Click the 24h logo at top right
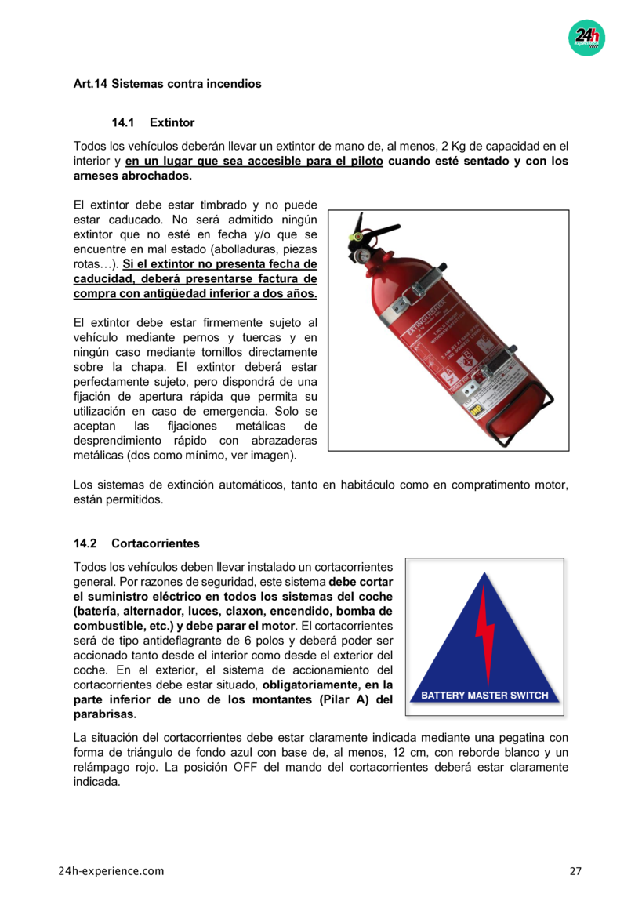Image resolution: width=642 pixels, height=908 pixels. point(586,37)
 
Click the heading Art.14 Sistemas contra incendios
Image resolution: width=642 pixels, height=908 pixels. point(167,83)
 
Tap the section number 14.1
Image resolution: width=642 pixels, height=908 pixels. point(123,122)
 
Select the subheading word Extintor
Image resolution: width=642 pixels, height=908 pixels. point(172,122)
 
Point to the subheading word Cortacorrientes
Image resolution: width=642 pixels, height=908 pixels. point(155,543)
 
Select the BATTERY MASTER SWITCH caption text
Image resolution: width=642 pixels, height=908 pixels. point(484,695)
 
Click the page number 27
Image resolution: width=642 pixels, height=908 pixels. point(575,871)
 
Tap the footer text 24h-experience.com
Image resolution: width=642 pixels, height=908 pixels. point(111,871)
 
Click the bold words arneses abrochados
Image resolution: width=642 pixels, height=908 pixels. point(132,176)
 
